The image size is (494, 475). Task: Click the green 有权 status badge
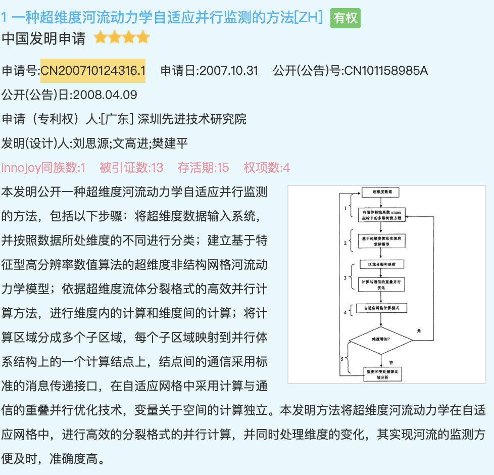(345, 18)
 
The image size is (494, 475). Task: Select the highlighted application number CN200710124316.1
(93, 70)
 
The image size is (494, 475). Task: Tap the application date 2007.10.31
(229, 70)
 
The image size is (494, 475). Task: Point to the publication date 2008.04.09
(106, 94)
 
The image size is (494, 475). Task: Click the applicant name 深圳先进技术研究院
(192, 119)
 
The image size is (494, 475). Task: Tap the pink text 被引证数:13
(131, 167)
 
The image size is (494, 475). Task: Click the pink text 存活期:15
(203, 167)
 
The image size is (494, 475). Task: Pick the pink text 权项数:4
(267, 167)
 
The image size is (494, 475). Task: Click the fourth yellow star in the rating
(143, 38)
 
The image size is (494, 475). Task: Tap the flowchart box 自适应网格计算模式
(381, 308)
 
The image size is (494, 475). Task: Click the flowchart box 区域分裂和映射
(382, 264)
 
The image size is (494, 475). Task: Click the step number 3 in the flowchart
(345, 278)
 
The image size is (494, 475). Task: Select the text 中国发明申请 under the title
(44, 38)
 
